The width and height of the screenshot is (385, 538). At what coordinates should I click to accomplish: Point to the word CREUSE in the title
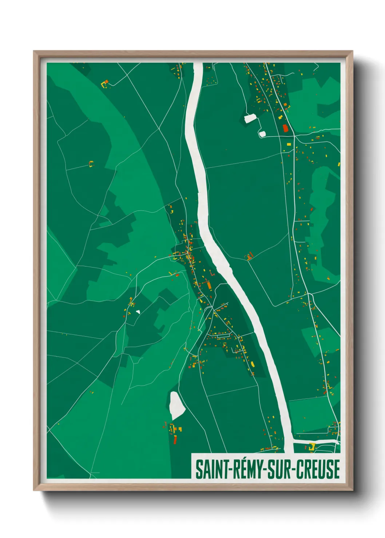pos(318,469)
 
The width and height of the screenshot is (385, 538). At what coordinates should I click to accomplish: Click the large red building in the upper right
pos(285,128)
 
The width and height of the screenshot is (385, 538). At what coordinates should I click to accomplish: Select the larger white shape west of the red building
pos(250,118)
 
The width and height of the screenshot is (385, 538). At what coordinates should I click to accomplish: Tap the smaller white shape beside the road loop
pos(262,133)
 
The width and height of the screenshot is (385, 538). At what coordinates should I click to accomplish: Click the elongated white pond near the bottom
pos(176,405)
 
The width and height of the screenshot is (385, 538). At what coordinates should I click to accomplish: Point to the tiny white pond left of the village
pos(138,312)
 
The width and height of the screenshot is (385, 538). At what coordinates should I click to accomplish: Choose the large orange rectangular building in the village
pos(209,285)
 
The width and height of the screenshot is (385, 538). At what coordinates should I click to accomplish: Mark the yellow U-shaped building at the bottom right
pos(311,447)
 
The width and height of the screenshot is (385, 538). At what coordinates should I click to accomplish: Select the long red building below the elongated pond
pos(175,439)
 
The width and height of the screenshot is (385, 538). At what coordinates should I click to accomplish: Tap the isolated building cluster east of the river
pos(249,256)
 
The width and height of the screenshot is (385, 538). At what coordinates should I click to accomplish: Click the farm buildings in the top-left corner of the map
pos(105,84)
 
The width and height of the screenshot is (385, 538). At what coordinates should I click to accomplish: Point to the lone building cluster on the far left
pos(91,164)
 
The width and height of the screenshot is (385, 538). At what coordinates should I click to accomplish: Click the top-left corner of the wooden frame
pos(34,52)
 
